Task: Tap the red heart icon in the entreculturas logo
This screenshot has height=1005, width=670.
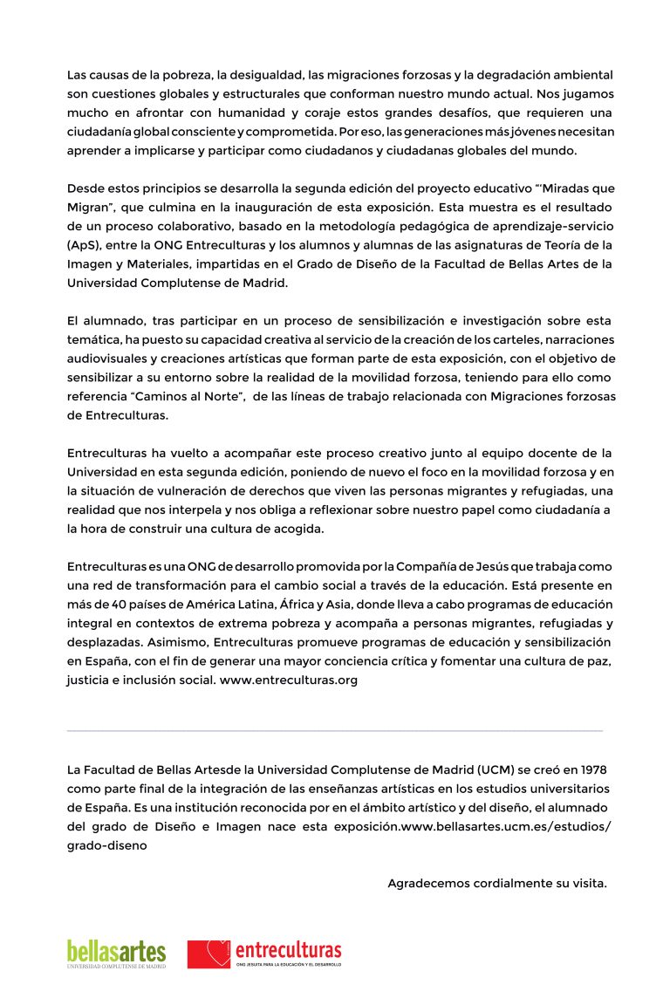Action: [209, 953]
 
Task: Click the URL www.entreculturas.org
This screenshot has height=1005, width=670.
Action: [289, 680]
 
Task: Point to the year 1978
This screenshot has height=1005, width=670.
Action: [591, 769]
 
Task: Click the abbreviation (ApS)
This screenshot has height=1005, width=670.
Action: [84, 245]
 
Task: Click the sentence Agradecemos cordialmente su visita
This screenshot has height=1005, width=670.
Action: [497, 883]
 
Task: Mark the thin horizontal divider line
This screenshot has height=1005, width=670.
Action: [334, 730]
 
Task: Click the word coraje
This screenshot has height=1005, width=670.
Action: [281, 113]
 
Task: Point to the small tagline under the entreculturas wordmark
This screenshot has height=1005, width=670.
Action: [289, 965]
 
